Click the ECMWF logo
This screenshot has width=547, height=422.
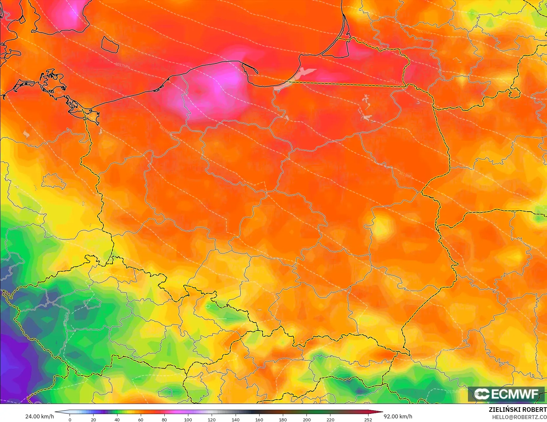coord(506,394)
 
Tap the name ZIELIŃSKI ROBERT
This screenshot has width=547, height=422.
coord(517,410)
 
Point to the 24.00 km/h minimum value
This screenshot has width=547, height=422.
coord(39,416)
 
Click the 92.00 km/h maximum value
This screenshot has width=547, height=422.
coord(398,416)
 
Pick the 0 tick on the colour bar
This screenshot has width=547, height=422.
coord(70,420)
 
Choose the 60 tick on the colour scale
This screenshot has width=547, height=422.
coord(141,420)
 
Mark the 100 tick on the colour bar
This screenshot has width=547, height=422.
coord(188,420)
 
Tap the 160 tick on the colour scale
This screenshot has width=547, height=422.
coord(259,420)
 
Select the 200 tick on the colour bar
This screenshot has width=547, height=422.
coord(306,420)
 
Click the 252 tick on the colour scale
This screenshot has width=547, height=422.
coord(368,420)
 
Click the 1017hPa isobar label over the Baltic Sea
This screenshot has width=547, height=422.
coord(122,65)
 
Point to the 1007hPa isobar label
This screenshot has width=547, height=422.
coord(425,32)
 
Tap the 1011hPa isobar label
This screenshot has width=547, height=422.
coord(395,82)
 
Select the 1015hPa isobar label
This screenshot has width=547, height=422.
coord(406,175)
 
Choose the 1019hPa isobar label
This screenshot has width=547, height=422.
coord(165,130)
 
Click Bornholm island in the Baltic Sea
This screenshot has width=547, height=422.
coord(110,45)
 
